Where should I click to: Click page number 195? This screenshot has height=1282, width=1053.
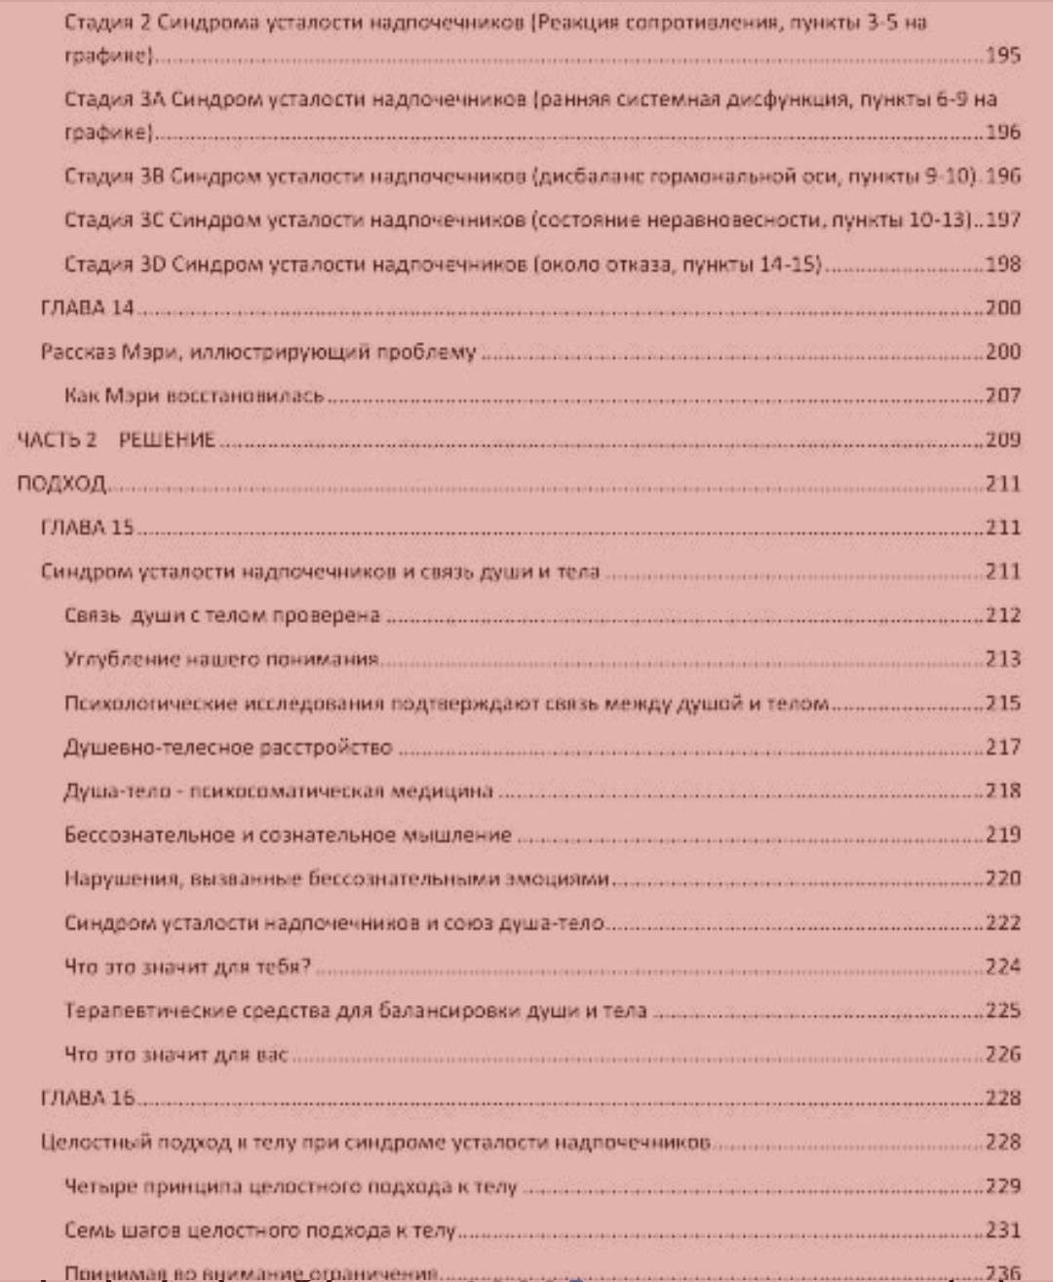click(x=1002, y=56)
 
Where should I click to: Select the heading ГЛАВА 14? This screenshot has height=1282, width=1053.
click(x=87, y=308)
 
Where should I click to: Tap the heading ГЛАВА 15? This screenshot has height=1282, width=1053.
click(x=87, y=527)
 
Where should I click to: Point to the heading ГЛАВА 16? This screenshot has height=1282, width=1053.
click(x=87, y=1098)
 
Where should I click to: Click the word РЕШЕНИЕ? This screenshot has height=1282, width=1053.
click(x=167, y=440)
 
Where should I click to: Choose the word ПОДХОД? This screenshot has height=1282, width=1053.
click(x=61, y=484)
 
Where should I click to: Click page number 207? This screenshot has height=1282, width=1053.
click(x=1002, y=396)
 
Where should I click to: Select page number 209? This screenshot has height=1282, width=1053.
click(x=1002, y=440)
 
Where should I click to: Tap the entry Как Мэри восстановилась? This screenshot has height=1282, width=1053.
click(x=194, y=396)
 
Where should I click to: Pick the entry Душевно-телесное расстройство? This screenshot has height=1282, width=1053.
click(x=228, y=748)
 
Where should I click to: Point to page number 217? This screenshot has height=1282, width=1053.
click(x=1002, y=748)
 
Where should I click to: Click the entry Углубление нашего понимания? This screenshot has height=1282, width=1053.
click(x=221, y=660)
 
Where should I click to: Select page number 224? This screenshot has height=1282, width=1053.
click(x=1002, y=967)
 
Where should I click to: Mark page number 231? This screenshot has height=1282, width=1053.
click(x=1002, y=1230)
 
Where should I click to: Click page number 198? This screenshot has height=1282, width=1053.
click(x=1002, y=264)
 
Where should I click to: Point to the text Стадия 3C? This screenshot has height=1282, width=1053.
click(x=114, y=220)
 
